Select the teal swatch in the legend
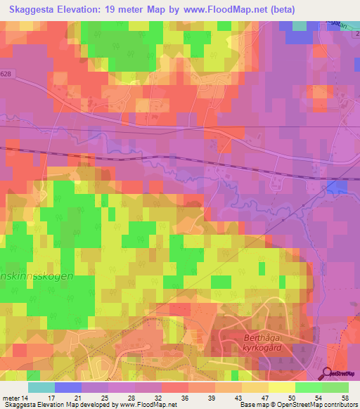[41, 387]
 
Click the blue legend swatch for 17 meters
[68, 387]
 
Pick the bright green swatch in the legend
[309, 387]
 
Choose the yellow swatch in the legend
[282, 387]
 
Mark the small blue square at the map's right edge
[337, 187]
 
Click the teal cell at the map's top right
[300, 25]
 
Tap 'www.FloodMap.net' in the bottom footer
[148, 405]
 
